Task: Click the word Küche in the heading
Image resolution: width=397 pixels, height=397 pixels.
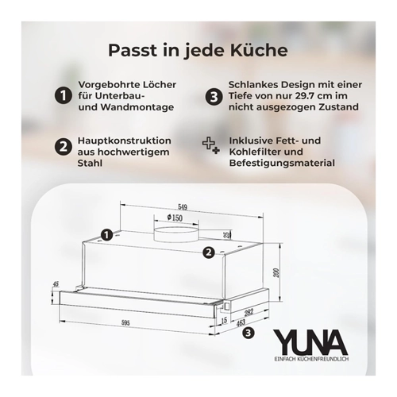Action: click(x=259, y=50)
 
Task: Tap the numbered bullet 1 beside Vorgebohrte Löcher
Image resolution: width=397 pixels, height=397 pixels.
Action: click(x=64, y=96)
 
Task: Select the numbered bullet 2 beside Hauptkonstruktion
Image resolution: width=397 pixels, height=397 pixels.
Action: click(x=63, y=146)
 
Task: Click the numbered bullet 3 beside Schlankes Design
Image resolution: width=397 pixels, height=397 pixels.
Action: click(x=214, y=97)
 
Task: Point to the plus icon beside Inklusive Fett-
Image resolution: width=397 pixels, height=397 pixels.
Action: click(x=211, y=146)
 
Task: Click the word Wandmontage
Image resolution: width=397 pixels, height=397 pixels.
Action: click(x=137, y=107)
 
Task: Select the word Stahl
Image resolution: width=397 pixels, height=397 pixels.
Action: click(x=90, y=163)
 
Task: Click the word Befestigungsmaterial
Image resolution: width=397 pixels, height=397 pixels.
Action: click(x=282, y=163)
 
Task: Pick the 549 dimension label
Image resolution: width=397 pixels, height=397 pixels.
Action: click(x=183, y=207)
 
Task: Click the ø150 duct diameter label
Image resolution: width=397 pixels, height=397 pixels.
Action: click(x=175, y=218)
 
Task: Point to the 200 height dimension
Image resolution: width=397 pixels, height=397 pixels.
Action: click(x=276, y=273)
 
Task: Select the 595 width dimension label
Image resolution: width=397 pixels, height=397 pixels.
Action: click(x=125, y=323)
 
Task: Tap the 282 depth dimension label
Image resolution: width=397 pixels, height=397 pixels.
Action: click(x=249, y=312)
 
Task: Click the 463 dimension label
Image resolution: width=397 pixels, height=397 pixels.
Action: click(x=241, y=322)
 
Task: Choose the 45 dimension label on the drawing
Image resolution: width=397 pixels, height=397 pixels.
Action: click(x=56, y=285)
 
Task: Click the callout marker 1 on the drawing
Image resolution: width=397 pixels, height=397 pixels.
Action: click(x=106, y=235)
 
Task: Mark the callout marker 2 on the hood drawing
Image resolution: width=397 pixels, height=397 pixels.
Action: click(x=209, y=252)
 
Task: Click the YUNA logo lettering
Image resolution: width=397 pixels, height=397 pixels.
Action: click(x=310, y=342)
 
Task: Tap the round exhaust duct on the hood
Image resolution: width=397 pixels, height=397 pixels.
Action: click(x=176, y=234)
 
